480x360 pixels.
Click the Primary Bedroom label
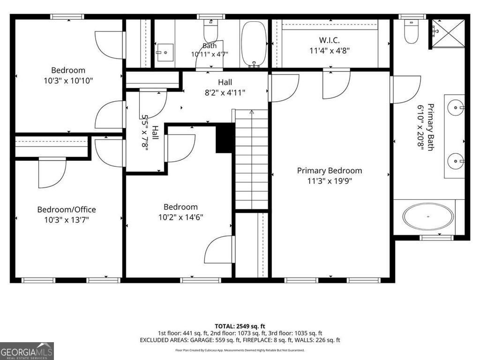pyautogui.click(x=330, y=171)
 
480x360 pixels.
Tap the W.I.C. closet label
pyautogui.click(x=330, y=40)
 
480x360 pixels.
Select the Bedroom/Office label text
pyautogui.click(x=67, y=210)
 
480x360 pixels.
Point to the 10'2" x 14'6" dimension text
pyautogui.click(x=180, y=217)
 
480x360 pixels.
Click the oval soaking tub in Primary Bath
pyautogui.click(x=428, y=217)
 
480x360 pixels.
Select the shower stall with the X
pyautogui.click(x=448, y=33)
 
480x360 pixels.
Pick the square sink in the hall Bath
pyautogui.click(x=165, y=52)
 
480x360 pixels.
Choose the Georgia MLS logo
pyautogui.click(x=27, y=351)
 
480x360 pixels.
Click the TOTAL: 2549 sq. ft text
pyautogui.click(x=240, y=326)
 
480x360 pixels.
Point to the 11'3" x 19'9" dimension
pyautogui.click(x=330, y=181)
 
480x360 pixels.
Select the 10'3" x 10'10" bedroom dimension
pyautogui.click(x=68, y=81)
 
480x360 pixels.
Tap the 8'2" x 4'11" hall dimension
pyautogui.click(x=225, y=92)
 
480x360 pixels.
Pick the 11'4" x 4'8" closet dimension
pyautogui.click(x=330, y=51)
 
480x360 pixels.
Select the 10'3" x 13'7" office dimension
pyautogui.click(x=67, y=220)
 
